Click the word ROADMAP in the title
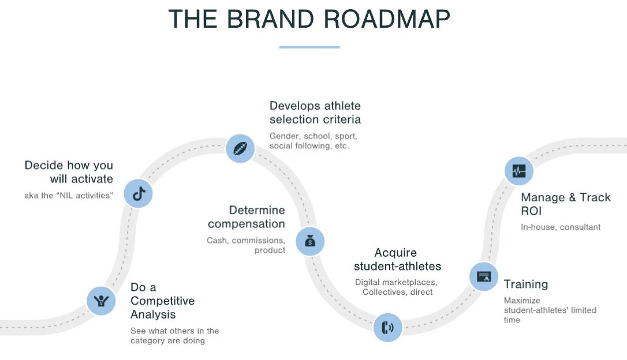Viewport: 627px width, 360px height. coord(386,19)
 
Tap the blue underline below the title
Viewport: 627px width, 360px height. coord(309,47)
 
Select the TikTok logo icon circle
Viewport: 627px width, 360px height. coord(138,194)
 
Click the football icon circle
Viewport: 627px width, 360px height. coord(240,149)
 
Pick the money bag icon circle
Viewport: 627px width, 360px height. coord(310,241)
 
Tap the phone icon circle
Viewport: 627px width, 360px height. coord(387,328)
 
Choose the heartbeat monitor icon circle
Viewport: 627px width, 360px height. coord(518,171)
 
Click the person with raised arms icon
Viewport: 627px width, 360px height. coord(101,300)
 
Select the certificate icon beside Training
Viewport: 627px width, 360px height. coord(483,276)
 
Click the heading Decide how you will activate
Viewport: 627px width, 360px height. coord(69,172)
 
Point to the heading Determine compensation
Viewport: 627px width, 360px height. coord(247,217)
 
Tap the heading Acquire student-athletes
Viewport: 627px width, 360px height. coord(397,260)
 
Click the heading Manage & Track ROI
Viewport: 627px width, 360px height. coord(565,204)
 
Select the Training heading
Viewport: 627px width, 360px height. coord(525,284)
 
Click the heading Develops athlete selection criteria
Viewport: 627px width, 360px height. coord(315,112)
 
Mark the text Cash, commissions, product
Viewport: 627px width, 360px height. coord(247,245)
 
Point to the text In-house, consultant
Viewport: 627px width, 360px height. coord(560,227)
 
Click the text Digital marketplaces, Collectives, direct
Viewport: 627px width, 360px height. coord(396,287)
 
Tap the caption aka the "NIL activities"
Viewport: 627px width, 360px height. coord(68,195)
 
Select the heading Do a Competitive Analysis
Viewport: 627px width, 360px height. coord(162,301)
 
